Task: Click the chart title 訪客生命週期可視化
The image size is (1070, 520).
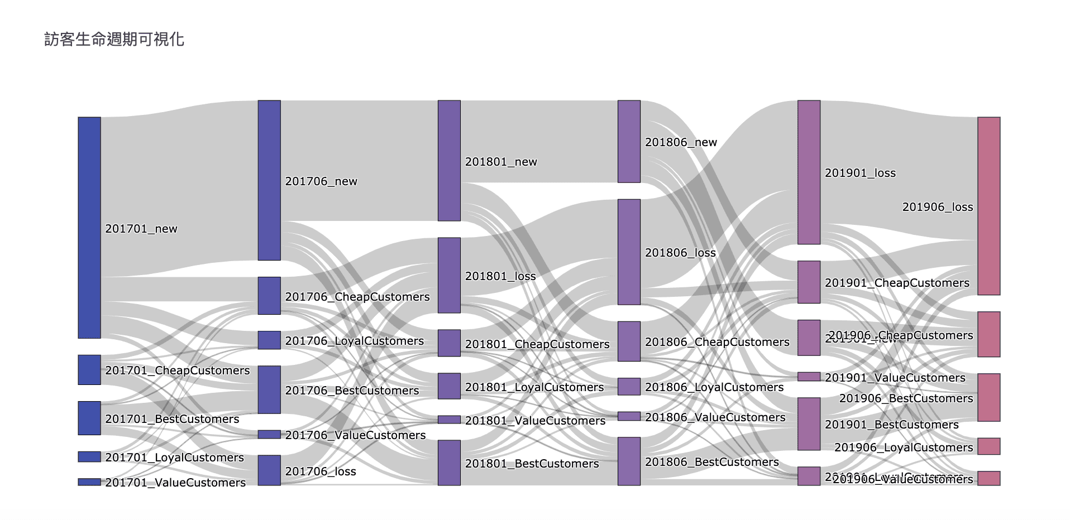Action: (114, 39)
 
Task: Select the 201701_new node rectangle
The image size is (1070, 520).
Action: (89, 228)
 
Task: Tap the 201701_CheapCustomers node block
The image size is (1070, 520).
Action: (89, 369)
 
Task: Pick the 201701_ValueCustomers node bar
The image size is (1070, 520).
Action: (89, 482)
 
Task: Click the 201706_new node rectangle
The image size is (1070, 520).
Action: (269, 180)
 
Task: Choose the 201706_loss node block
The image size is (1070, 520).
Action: (269, 470)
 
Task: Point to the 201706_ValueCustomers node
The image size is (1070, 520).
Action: (269, 434)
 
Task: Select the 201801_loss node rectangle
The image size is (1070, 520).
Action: (449, 275)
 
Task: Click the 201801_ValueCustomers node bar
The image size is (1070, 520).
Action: (449, 420)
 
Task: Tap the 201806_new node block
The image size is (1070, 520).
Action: (629, 141)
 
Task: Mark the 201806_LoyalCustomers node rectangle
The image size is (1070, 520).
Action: (629, 386)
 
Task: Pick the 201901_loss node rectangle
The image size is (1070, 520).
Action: (809, 172)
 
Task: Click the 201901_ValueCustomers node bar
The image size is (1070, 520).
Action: (809, 377)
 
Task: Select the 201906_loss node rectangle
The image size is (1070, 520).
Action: (988, 206)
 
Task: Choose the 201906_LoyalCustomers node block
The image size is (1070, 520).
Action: (988, 446)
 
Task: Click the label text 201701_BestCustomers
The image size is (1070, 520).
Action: (172, 419)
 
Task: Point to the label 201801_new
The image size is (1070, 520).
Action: (501, 162)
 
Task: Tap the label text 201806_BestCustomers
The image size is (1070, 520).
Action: (711, 462)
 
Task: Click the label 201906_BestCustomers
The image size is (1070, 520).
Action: (906, 398)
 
